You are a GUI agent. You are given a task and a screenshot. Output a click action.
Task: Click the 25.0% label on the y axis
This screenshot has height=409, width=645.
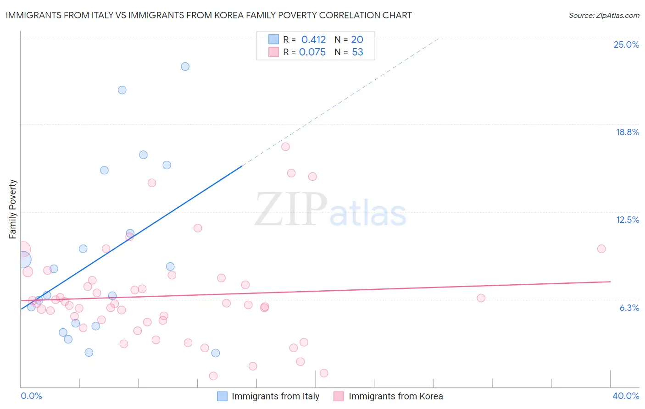click(x=626, y=44)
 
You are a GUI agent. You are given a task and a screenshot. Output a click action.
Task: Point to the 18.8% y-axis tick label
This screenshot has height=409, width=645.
click(x=627, y=132)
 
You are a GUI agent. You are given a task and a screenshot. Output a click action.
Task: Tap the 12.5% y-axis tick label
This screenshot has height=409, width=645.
click(x=627, y=220)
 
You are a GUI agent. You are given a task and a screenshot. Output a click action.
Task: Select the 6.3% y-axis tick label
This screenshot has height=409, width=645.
click(x=629, y=308)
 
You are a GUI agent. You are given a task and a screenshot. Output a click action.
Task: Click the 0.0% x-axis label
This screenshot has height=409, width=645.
click(x=31, y=396)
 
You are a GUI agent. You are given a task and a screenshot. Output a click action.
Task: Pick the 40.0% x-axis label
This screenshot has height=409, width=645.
click(x=625, y=396)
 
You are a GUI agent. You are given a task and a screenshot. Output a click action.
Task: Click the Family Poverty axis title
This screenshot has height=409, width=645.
click(x=12, y=209)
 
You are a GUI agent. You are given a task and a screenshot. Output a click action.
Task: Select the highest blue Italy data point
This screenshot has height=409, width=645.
click(x=185, y=66)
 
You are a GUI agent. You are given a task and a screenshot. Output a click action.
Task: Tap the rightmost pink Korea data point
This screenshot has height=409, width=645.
click(x=601, y=249)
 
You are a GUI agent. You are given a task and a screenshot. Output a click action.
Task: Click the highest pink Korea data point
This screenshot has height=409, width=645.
click(x=285, y=147)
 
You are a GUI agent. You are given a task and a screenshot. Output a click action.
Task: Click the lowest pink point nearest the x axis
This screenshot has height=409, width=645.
click(x=213, y=376)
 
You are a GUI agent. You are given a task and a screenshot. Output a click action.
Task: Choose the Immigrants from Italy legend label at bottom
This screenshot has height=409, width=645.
click(x=275, y=396)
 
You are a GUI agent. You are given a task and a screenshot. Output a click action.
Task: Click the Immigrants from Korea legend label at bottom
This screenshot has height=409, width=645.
click(x=395, y=396)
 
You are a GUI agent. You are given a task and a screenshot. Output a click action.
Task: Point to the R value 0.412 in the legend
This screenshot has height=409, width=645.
click(x=313, y=40)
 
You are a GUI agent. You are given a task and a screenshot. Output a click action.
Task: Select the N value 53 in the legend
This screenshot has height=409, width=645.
click(x=357, y=52)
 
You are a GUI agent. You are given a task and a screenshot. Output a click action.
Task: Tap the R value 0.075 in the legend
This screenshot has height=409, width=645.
click(x=312, y=52)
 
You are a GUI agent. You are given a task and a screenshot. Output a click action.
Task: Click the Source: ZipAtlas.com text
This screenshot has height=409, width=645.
click(x=604, y=16)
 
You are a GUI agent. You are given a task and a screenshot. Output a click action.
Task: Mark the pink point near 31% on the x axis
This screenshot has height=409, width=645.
click(x=481, y=298)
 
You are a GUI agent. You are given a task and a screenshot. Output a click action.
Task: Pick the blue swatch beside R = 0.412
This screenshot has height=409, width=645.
click(x=273, y=39)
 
